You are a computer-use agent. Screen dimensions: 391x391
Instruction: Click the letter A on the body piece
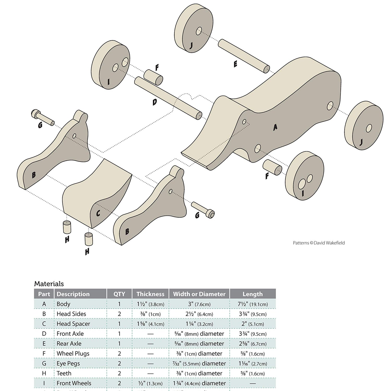tap(275, 127)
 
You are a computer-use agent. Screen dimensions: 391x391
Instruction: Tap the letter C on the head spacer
tap(98, 213)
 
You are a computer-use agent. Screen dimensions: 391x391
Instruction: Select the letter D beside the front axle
tap(155, 102)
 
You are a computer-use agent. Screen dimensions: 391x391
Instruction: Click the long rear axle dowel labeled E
tap(244, 56)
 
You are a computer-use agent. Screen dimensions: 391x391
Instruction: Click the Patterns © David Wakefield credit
tap(319, 243)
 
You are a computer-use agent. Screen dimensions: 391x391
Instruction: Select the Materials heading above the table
tap(49, 284)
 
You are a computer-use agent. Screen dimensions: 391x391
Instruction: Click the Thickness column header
tap(150, 294)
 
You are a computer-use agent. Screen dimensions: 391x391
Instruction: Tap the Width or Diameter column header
tap(199, 294)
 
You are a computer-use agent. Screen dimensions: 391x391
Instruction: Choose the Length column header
tap(252, 294)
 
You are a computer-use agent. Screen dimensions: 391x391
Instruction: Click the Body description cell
tap(64, 304)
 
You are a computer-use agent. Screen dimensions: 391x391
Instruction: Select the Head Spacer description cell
tap(73, 324)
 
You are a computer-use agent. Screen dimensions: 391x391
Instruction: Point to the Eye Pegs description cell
tap(68, 363)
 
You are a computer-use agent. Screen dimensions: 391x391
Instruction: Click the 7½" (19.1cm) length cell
tap(253, 304)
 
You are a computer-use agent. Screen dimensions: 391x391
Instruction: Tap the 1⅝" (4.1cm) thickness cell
tap(150, 324)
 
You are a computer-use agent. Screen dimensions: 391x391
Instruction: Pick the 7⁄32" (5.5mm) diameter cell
tap(199, 363)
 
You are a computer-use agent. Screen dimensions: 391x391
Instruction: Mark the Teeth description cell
tap(64, 373)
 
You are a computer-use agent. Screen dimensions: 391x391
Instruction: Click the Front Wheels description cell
tap(74, 383)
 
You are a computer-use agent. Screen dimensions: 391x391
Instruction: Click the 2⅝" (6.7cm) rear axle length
tap(253, 344)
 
